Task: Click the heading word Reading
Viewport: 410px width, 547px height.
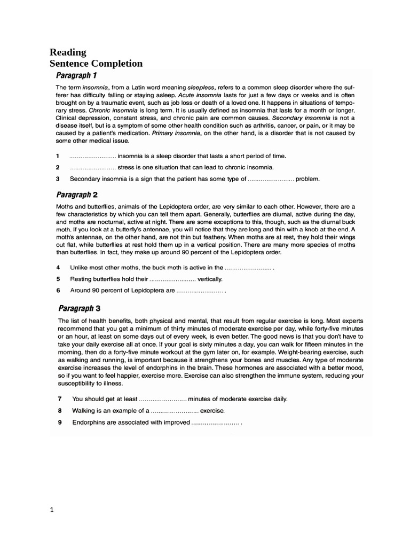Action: [68, 52]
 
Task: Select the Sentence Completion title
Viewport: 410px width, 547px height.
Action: [96, 64]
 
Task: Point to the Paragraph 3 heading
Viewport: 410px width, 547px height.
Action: [79, 308]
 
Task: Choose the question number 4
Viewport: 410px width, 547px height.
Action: [58, 267]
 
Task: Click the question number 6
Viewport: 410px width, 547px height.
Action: [58, 291]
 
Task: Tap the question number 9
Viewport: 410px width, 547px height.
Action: [60, 423]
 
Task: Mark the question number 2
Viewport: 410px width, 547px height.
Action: [58, 167]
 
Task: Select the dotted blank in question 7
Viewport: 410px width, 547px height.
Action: [163, 398]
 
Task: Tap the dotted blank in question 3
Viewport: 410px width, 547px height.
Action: [271, 179]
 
